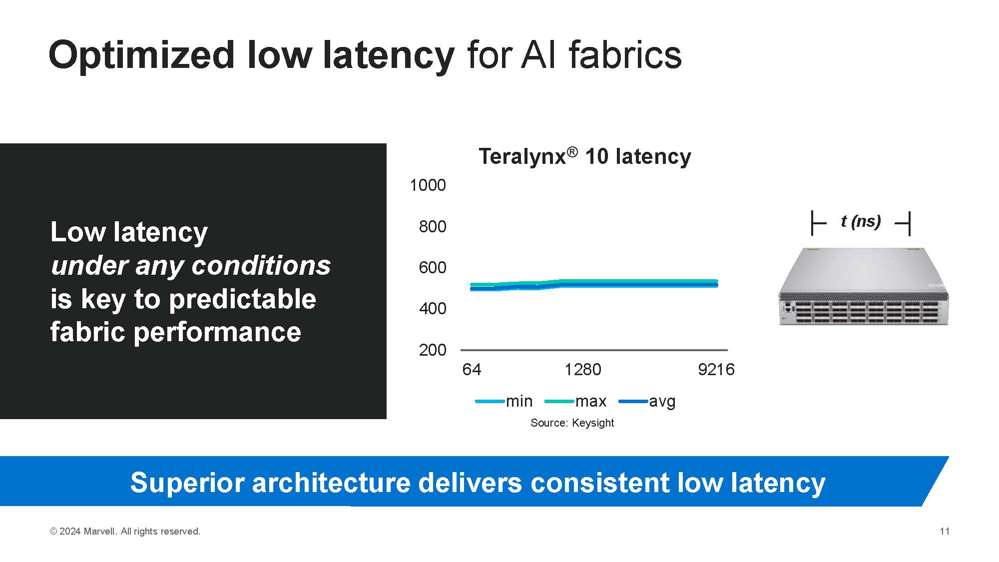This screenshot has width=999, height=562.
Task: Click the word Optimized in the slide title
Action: [141, 56]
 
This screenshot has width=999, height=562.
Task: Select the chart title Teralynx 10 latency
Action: [584, 156]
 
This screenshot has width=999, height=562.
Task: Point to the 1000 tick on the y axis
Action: [428, 185]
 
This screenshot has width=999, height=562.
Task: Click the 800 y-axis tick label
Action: [432, 227]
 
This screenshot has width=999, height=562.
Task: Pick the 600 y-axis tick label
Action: [432, 268]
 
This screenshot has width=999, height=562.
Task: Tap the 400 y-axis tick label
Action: [432, 309]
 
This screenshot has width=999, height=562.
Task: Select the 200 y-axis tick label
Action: [432, 350]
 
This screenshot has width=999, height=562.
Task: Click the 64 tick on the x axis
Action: [472, 370]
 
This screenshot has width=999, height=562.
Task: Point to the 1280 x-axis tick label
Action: [582, 370]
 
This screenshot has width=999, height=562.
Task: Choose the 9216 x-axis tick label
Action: [716, 370]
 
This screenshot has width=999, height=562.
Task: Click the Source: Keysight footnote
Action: [572, 423]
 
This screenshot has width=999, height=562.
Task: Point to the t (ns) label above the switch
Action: [861, 221]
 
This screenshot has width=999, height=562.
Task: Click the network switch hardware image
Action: [863, 287]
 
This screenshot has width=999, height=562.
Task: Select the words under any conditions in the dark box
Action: [190, 265]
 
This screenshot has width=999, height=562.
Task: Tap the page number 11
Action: [944, 532]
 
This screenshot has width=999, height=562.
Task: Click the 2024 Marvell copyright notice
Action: [125, 532]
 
